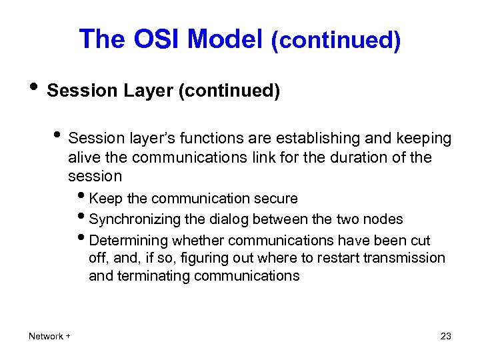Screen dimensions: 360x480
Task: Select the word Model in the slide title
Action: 225,40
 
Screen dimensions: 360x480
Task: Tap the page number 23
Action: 446,336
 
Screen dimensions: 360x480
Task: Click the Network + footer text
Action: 49,336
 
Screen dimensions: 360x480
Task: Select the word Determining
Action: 128,240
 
